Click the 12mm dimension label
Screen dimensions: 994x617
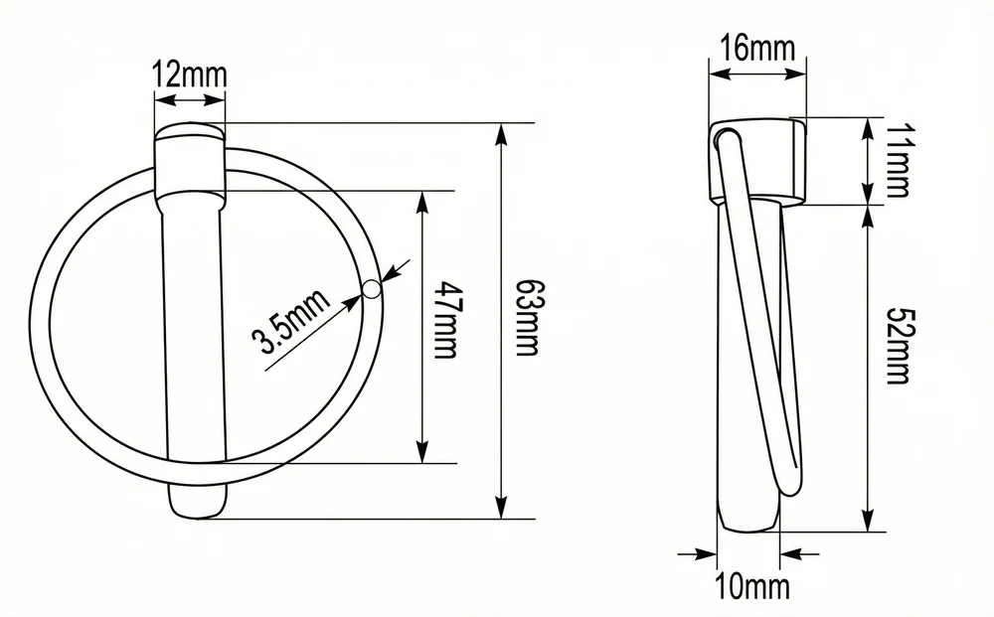click(x=190, y=75)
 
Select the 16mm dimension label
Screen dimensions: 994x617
click(x=757, y=48)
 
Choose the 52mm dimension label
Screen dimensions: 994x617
click(x=899, y=345)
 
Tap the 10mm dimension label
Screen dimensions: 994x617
click(x=753, y=586)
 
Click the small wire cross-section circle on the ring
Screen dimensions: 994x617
click(x=372, y=289)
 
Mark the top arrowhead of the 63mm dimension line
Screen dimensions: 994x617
click(x=501, y=134)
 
